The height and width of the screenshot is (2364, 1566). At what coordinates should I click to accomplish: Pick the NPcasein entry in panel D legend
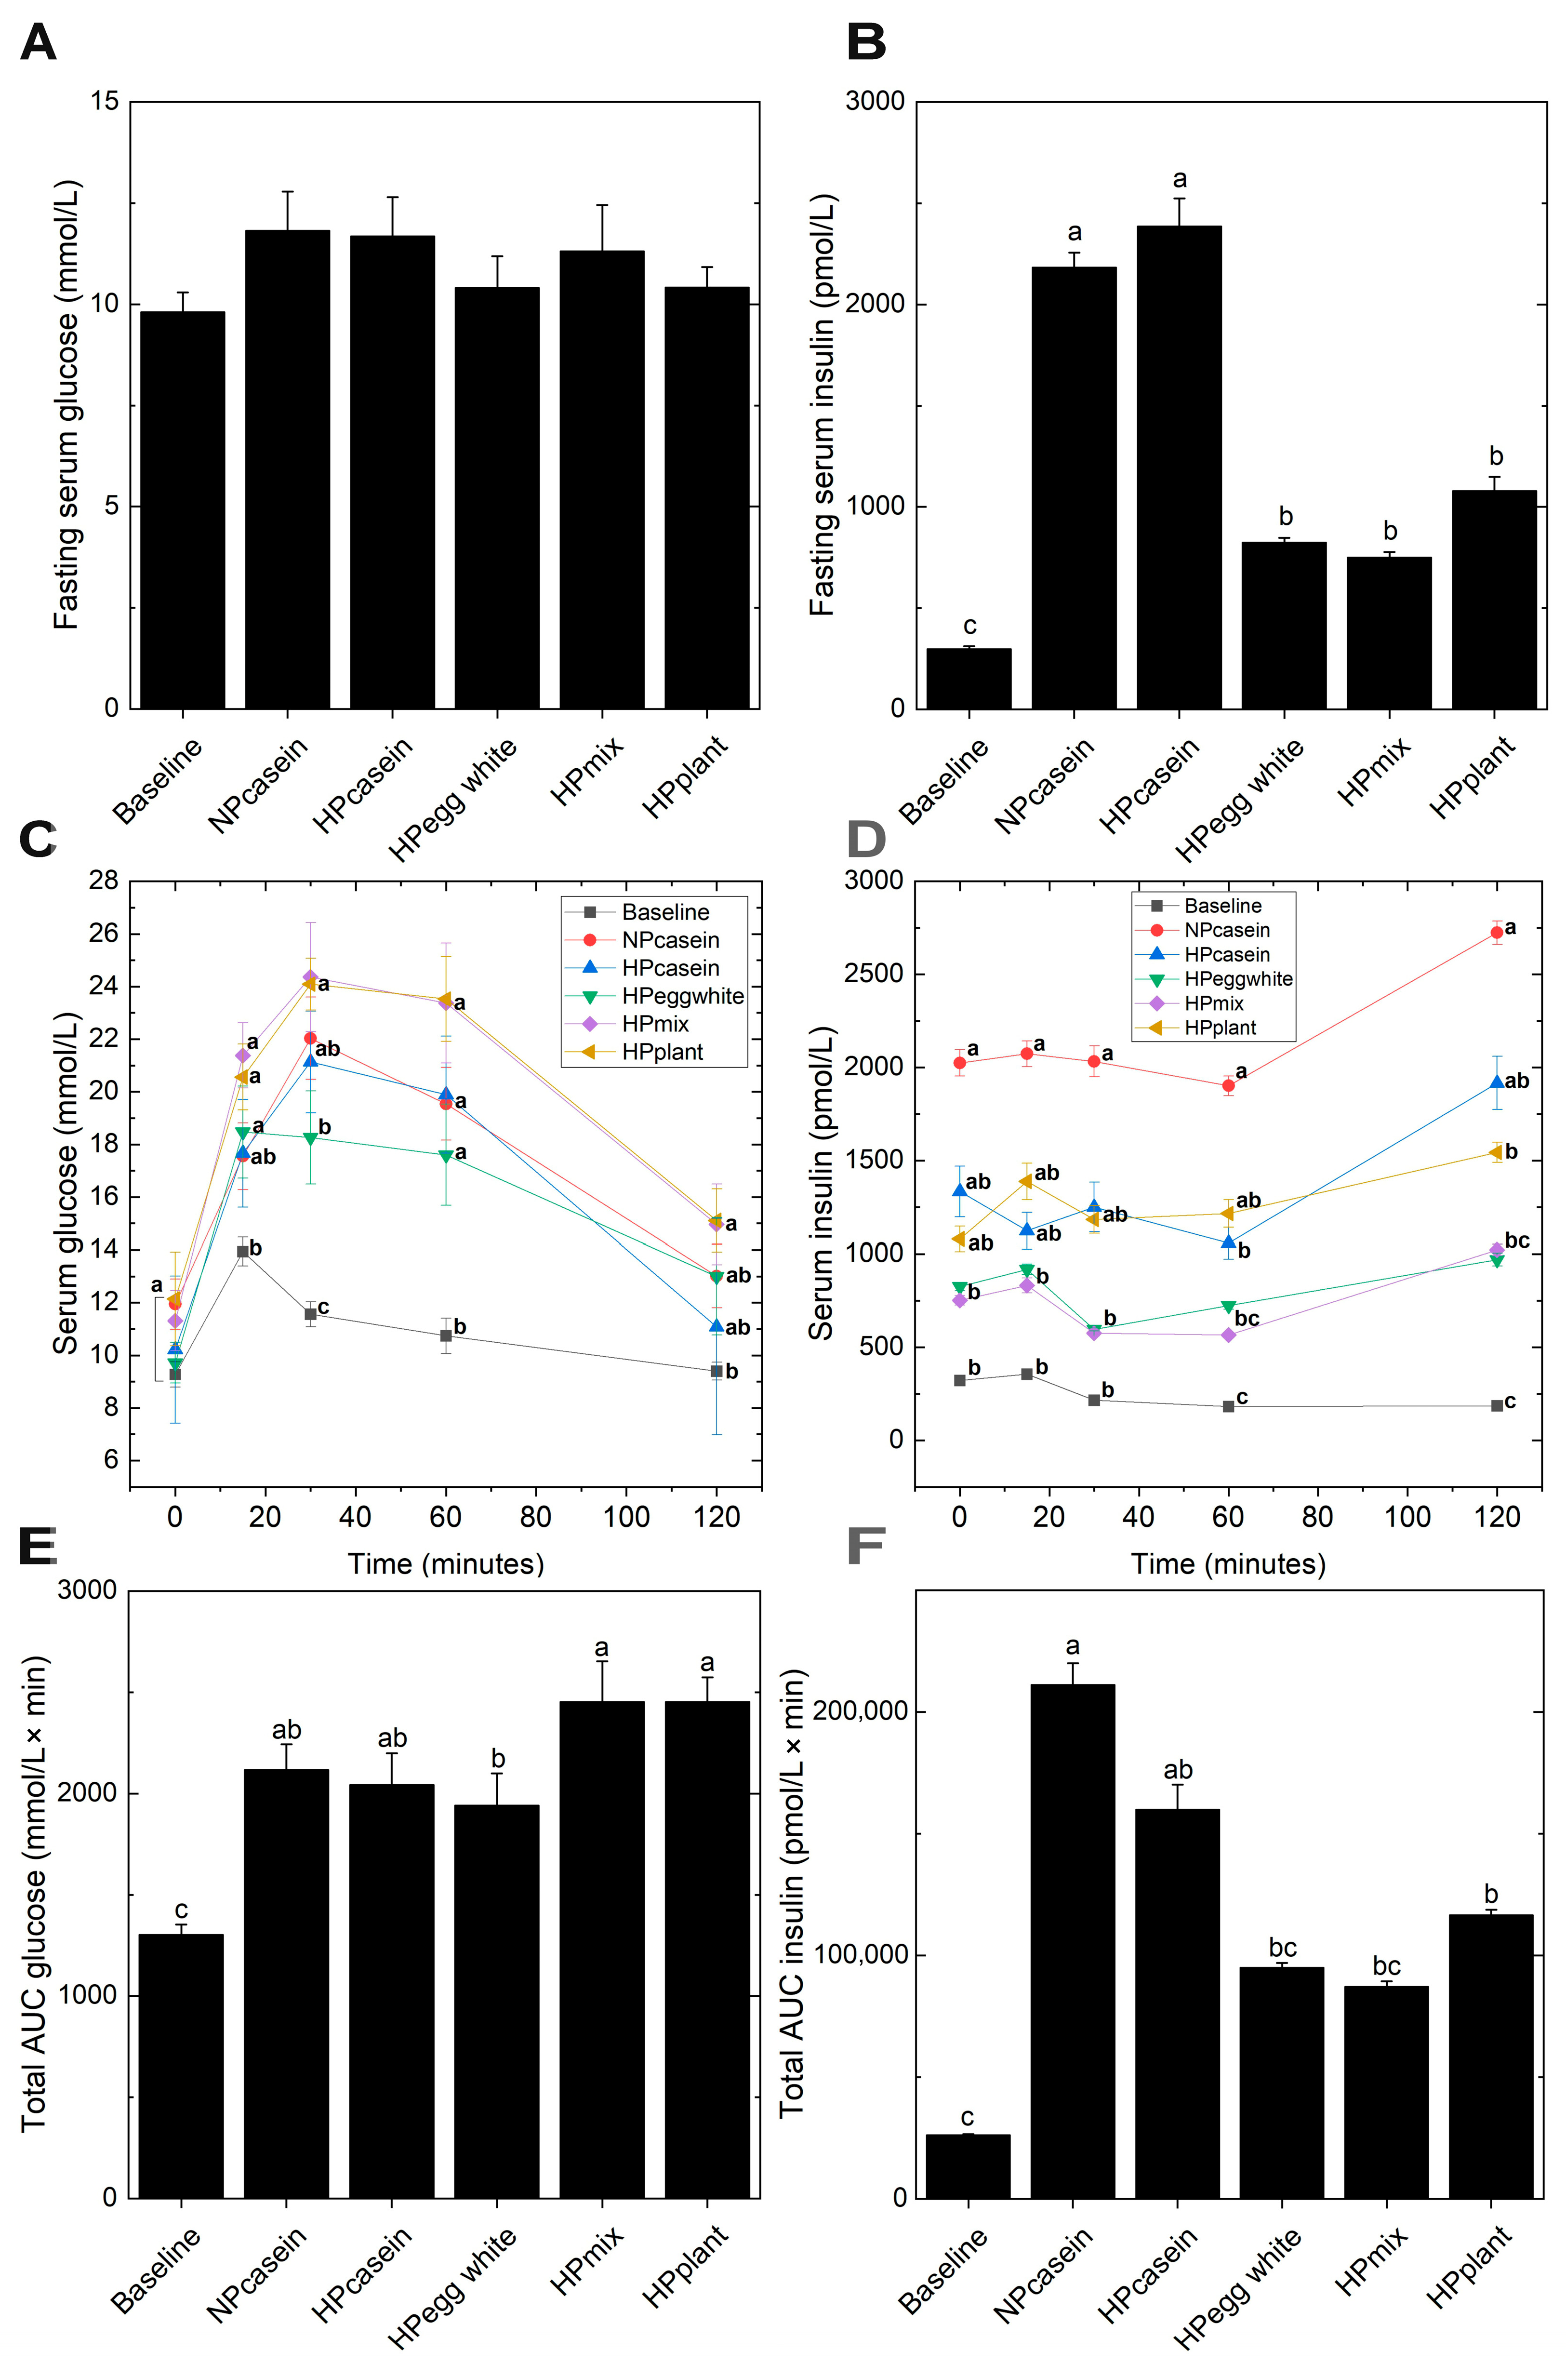point(1226,930)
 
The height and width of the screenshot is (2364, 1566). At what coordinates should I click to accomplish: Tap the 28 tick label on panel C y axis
point(103,880)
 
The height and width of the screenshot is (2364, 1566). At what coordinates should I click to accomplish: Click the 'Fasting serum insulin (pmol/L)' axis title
point(822,404)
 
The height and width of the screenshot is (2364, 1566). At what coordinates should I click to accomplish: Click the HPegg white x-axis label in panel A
point(454,799)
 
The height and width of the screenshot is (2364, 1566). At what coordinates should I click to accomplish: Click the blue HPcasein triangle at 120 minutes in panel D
point(1496,1082)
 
